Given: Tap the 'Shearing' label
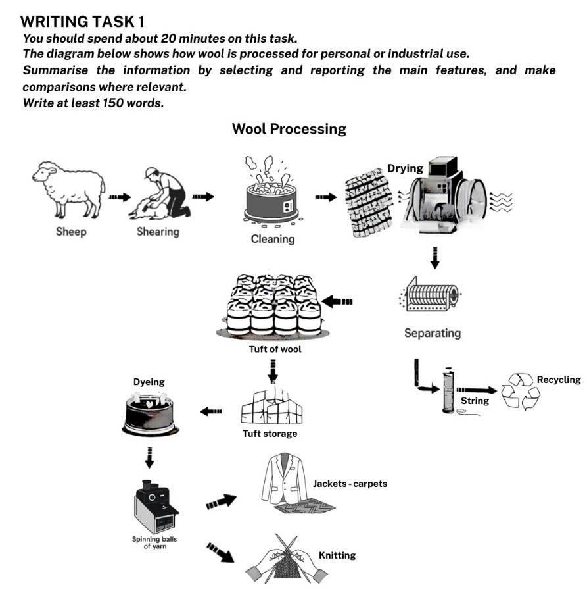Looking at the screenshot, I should (158, 232).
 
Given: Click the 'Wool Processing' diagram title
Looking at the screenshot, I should (289, 128).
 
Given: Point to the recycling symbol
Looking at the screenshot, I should (521, 392).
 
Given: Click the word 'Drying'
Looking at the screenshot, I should (405, 168).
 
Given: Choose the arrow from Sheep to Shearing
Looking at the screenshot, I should (120, 197).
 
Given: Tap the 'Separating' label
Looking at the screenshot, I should (432, 333).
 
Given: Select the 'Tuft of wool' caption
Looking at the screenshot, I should (275, 349).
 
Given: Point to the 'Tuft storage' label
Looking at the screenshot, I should (270, 434).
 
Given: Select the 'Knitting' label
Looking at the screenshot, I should (337, 555).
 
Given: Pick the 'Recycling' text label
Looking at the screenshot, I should (559, 380).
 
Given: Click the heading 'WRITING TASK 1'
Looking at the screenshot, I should (83, 22).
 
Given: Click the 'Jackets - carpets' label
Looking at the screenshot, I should (350, 484).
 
